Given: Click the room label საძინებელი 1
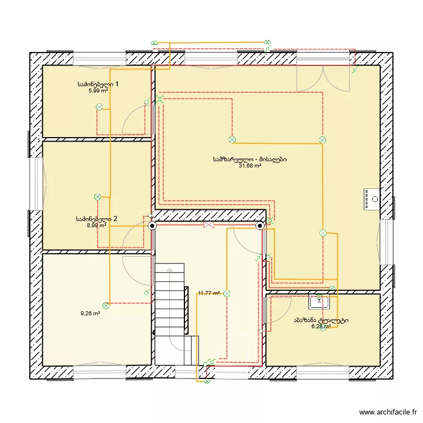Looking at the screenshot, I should [x=98, y=84].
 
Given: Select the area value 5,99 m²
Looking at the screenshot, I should [x=98, y=90].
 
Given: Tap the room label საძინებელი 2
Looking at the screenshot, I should [x=96, y=219].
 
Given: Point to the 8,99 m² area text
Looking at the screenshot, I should [x=96, y=225].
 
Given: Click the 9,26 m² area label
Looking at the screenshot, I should [x=90, y=314].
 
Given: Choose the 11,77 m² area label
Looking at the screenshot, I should [x=209, y=293].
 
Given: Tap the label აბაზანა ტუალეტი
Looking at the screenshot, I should [x=320, y=320].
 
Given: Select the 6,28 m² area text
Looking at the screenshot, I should [x=320, y=327].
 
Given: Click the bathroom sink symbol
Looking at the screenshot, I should [x=319, y=302].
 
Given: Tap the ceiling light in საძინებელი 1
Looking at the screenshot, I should [x=99, y=107].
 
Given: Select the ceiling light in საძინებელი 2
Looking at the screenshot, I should [x=97, y=197].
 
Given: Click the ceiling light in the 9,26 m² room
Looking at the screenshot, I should [x=105, y=305].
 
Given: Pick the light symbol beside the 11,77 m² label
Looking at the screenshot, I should [x=227, y=293].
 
